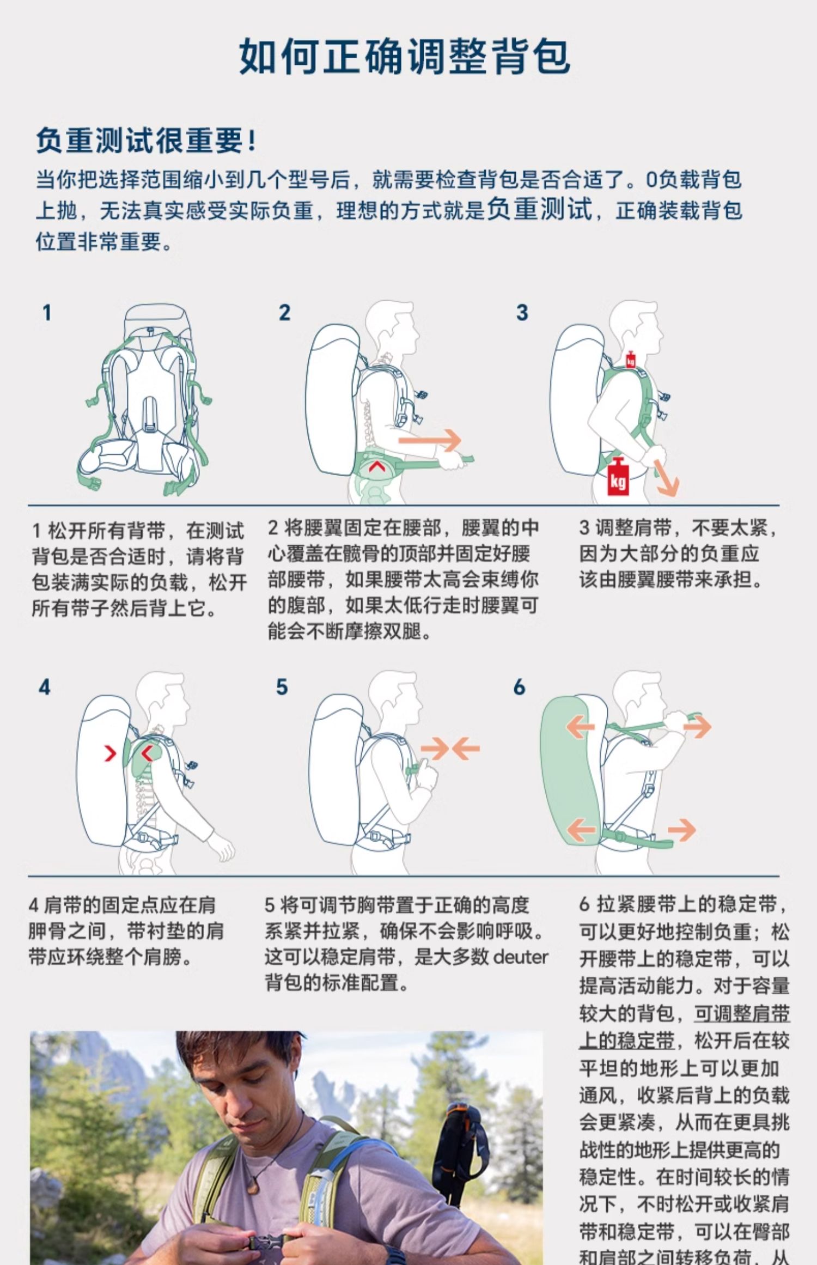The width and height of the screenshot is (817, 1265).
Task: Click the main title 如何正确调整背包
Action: coord(405,56)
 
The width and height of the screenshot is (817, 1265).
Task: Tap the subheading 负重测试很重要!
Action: coord(146,141)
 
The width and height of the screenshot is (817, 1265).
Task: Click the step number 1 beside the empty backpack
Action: coord(47,313)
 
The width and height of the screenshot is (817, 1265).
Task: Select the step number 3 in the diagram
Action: coord(522,313)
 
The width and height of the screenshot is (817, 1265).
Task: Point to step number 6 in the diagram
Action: coord(519,688)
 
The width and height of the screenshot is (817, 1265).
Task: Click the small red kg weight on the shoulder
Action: coord(631,359)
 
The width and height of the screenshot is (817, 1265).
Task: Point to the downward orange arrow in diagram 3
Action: coord(666,477)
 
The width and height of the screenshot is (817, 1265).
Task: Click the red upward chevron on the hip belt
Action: coord(375,466)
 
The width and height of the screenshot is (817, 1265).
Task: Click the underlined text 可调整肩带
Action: coord(742,1013)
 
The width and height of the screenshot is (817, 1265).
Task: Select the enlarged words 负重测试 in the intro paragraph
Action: coord(539,209)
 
